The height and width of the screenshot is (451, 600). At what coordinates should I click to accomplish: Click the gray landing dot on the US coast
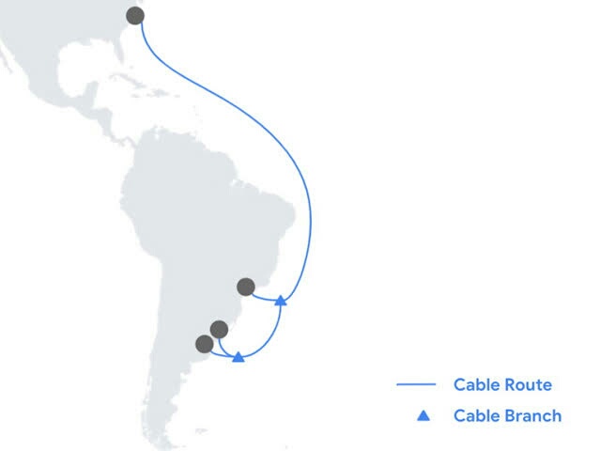pyautogui.click(x=135, y=15)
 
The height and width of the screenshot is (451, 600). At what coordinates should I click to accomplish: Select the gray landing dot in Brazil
pyautogui.click(x=246, y=286)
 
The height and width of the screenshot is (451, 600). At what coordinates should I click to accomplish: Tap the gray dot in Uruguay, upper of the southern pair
pyautogui.click(x=219, y=329)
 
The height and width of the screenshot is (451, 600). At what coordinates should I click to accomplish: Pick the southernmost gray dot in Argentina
pyautogui.click(x=204, y=344)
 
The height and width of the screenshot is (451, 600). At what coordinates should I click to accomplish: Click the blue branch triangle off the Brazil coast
pyautogui.click(x=280, y=301)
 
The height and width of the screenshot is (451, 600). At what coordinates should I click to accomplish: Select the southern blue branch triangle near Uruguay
pyautogui.click(x=238, y=357)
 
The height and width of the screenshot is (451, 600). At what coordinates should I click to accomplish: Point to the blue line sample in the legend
pyautogui.click(x=416, y=384)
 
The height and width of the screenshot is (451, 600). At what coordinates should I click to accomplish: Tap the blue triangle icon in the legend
pyautogui.click(x=423, y=414)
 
